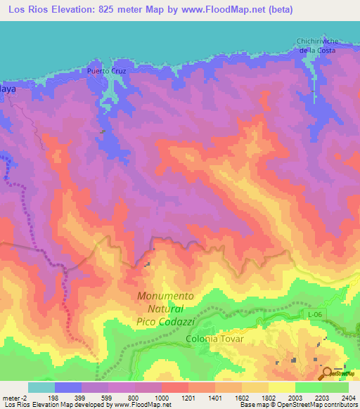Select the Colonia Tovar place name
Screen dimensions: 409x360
point(214,339)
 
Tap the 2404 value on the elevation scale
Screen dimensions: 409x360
point(348,398)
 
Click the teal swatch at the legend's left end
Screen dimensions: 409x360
point(41,387)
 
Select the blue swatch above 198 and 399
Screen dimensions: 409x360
point(68,387)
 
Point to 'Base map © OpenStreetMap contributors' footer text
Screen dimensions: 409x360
point(298,405)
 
